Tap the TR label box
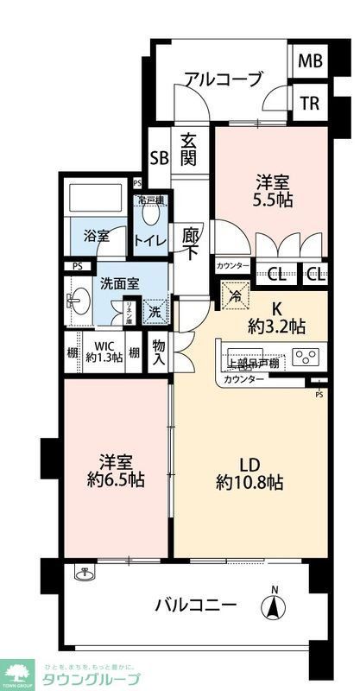coord(309,104)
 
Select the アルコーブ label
coord(223,80)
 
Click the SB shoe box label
coord(159,158)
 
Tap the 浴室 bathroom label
coord(97,235)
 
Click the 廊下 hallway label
coord(191,242)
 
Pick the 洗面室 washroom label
coord(117,282)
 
